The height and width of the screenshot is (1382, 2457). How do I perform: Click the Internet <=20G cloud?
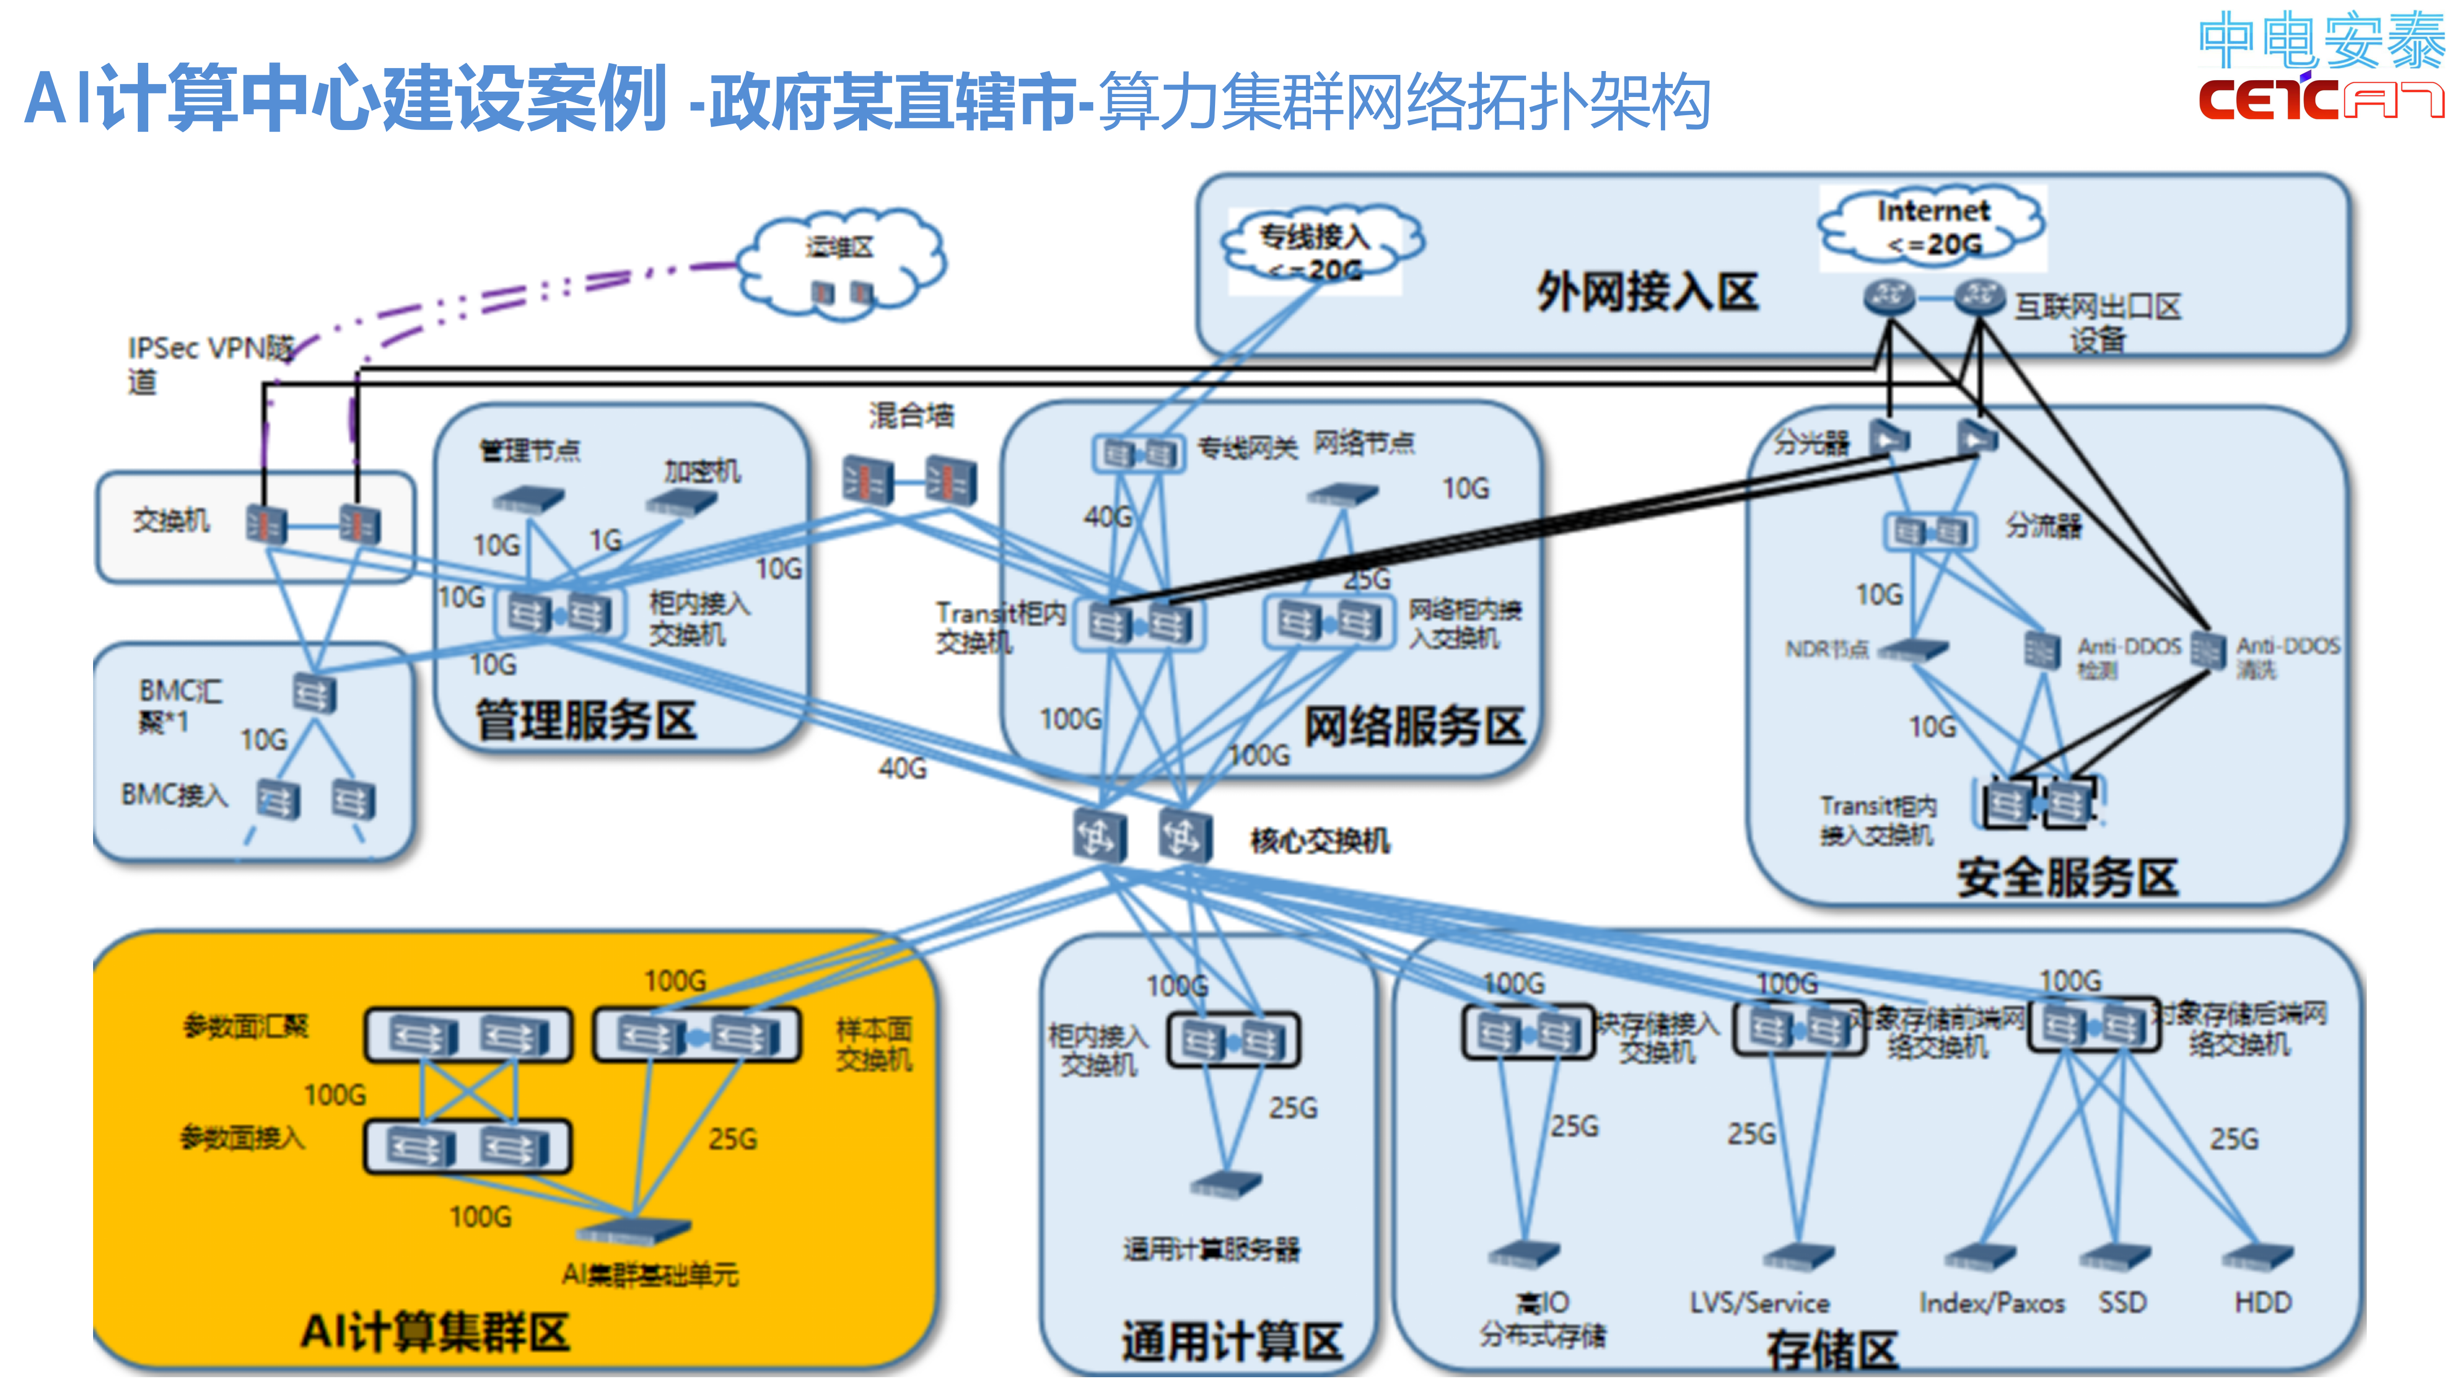(x=1932, y=227)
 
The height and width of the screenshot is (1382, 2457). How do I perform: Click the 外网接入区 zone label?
(x=1647, y=292)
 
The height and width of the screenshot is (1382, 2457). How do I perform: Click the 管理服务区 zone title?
(x=585, y=720)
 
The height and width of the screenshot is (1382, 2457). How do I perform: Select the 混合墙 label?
(x=911, y=416)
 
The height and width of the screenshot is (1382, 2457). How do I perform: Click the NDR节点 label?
(x=1825, y=650)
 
